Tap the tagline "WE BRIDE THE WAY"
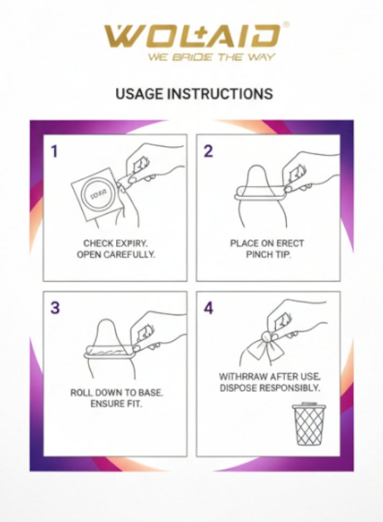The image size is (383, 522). pos(212,57)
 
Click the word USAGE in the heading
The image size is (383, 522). pos(140,94)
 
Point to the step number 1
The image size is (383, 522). pos(54,151)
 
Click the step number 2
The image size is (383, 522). pos(208,151)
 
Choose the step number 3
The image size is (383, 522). pos(55,308)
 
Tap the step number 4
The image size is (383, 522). pos(208,308)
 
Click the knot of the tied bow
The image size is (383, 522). pos(267,337)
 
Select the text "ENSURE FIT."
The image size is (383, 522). pos(116,404)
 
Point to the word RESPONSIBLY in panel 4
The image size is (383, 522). pos(289,388)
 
